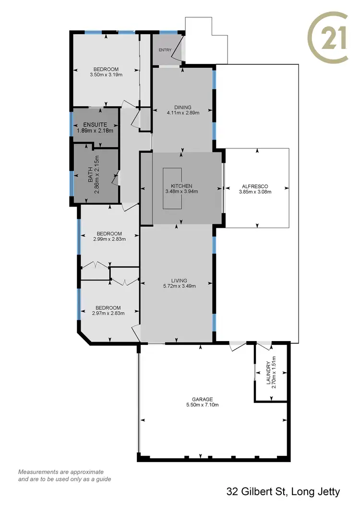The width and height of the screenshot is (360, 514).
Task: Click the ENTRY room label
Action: click(x=165, y=50)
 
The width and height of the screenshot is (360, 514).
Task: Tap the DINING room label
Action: click(x=182, y=107)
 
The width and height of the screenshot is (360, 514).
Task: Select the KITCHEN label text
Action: click(x=181, y=186)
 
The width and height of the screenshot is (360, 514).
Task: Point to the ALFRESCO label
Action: click(x=255, y=186)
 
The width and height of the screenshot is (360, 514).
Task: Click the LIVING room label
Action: click(x=178, y=281)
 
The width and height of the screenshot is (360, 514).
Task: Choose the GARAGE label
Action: click(x=202, y=399)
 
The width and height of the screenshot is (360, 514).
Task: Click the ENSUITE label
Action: click(x=95, y=124)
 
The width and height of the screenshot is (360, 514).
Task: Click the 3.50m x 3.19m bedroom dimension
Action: click(x=106, y=75)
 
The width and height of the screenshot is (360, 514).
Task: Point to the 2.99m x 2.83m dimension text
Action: click(x=109, y=238)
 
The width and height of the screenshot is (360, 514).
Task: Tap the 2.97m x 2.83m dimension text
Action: click(x=108, y=313)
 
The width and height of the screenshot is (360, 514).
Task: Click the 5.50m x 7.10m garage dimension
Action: click(x=202, y=404)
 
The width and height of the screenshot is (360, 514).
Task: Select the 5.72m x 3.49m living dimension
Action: click(x=178, y=286)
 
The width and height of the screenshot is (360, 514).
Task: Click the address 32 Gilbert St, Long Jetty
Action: click(x=283, y=491)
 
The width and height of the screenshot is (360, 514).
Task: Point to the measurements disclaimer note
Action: click(x=60, y=476)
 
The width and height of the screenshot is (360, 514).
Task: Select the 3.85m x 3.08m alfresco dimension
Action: click(x=255, y=192)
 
